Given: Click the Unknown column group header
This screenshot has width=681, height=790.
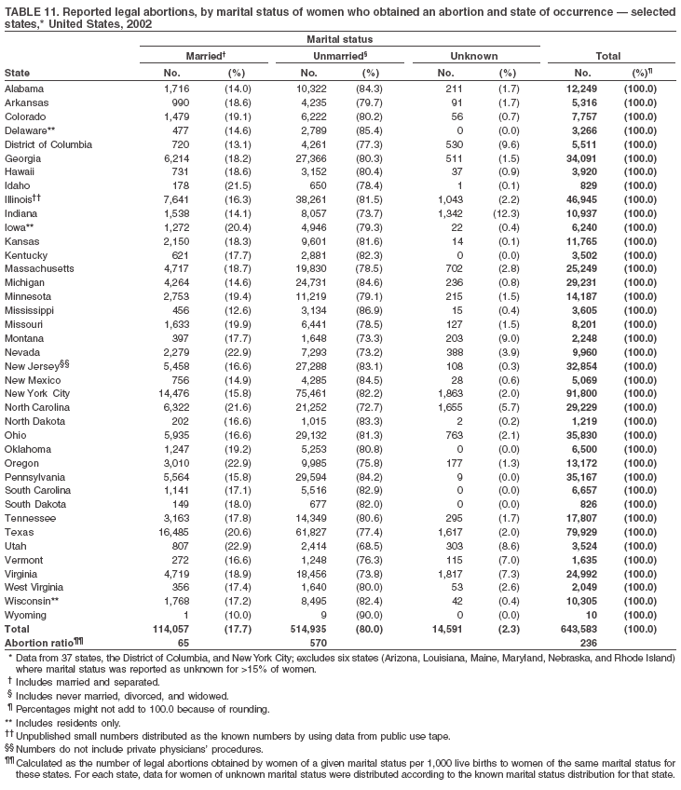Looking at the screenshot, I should click(473, 57).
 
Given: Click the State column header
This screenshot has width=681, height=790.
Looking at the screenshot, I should click(16, 72).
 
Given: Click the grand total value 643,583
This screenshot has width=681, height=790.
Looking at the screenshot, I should click(580, 629).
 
